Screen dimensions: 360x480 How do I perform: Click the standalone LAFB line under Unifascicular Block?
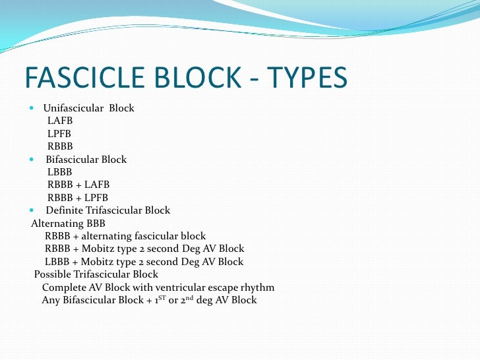pyautogui.click(x=60, y=121)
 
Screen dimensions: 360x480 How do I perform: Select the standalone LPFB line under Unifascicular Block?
pyautogui.click(x=60, y=134)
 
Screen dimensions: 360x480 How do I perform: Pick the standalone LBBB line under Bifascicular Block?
pyautogui.click(x=60, y=172)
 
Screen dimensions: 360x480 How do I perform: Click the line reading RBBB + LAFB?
pyautogui.click(x=78, y=185)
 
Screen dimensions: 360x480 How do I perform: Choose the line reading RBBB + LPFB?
pyautogui.click(x=78, y=198)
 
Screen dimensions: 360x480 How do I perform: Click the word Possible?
pyautogui.click(x=53, y=274)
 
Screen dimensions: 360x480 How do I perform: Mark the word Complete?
pyautogui.click(x=65, y=287)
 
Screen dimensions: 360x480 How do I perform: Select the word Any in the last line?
pyautogui.click(x=51, y=301)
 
